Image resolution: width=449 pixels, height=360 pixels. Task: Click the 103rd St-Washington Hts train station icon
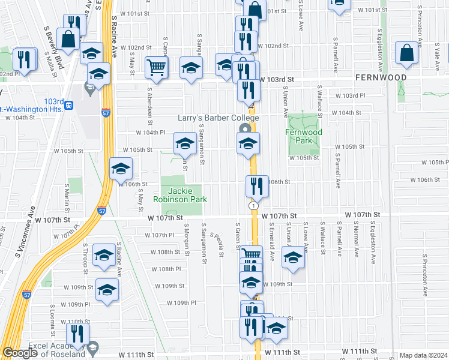(x=70, y=105)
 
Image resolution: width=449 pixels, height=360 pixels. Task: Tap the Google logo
(x=20, y=353)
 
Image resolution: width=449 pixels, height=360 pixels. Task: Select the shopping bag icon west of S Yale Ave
(x=406, y=53)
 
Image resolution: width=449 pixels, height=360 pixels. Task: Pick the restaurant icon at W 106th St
(x=256, y=187)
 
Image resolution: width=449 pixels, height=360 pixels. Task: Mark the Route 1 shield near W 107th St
(x=253, y=206)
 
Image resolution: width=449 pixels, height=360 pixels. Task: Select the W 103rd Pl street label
(x=350, y=95)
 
